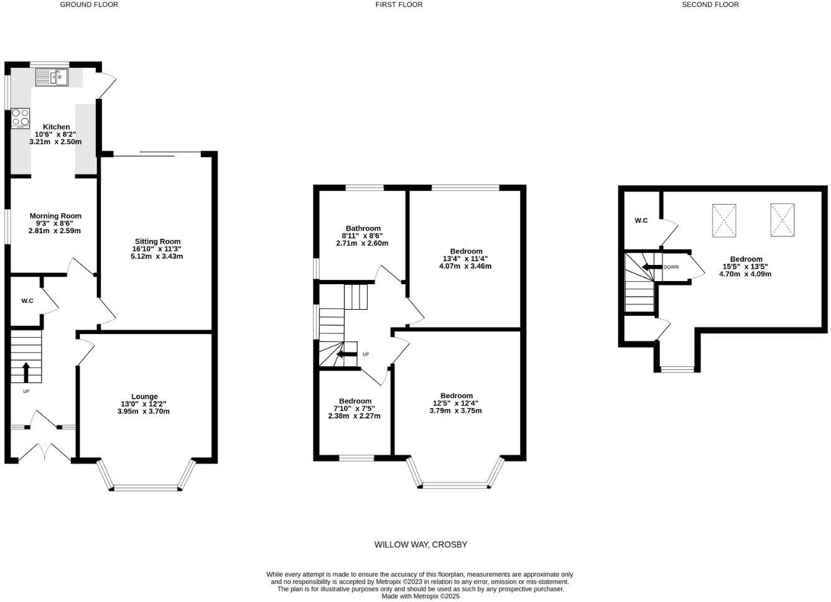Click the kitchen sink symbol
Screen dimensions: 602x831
(52, 78)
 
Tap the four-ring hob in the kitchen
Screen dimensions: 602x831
(21, 118)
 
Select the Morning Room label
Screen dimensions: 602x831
(55, 216)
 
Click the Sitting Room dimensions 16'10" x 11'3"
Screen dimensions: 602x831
(157, 249)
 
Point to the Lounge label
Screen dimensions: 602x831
(144, 396)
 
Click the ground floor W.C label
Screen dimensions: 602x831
(27, 301)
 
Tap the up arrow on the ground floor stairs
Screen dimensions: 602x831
(26, 372)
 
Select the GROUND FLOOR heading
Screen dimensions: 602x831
(89, 4)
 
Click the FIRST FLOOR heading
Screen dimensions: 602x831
(399, 4)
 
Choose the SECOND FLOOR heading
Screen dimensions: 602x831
(710, 4)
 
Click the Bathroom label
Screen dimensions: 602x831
(363, 228)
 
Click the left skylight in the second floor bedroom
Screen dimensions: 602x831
(724, 220)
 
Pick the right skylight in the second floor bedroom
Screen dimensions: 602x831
(782, 220)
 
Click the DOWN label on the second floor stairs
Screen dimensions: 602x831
(671, 267)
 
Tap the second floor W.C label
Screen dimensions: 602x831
(641, 221)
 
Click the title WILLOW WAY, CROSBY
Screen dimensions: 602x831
(420, 544)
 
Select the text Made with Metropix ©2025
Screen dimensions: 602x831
(420, 596)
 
